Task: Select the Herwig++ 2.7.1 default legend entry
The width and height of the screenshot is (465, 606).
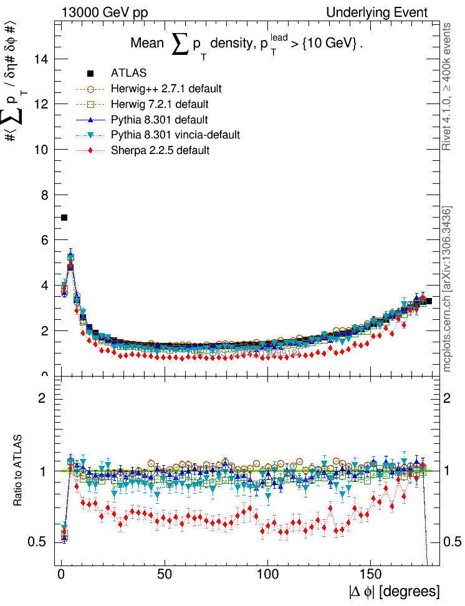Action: point(166,89)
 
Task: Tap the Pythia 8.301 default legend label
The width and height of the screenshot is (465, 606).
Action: point(159,120)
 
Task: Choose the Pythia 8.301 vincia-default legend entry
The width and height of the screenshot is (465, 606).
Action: point(175,135)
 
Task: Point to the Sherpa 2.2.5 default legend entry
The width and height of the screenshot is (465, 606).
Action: point(160,150)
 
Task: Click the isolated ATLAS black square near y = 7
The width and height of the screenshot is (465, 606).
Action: point(64,218)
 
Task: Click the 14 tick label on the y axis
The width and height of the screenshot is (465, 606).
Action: point(42,59)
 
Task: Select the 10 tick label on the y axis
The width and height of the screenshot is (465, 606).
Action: point(42,150)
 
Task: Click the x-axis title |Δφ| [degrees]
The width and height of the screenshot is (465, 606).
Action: point(393,591)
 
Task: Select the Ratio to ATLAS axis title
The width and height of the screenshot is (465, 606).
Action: point(18,470)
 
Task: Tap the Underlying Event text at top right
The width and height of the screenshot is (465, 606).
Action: point(376,12)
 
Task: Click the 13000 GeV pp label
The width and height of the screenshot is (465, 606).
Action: point(104,12)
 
